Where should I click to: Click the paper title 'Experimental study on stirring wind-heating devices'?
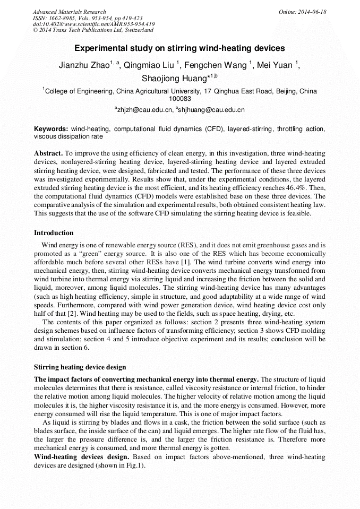(179, 48)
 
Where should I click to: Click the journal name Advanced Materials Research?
(69, 12)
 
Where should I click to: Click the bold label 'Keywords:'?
(51, 129)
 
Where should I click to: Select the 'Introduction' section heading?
(54, 233)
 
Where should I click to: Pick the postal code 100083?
(179, 98)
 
